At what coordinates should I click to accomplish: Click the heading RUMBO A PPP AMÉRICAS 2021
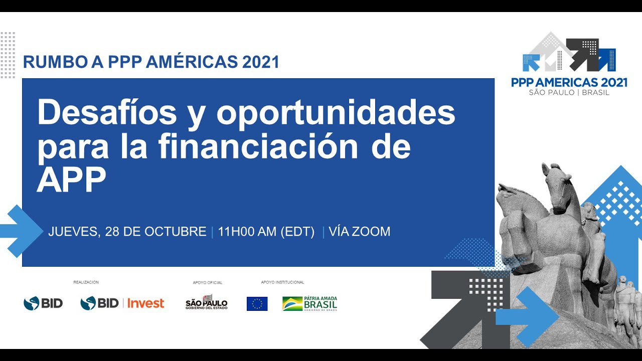pos(151,62)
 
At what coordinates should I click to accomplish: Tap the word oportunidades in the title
pos(336,113)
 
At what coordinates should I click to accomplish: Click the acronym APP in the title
pos(71,180)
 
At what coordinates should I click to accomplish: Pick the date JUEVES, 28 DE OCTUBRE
pos(127,232)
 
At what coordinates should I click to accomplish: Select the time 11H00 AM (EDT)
pos(266,232)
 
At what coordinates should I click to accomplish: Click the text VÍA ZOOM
pos(359,232)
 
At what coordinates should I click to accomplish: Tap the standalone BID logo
pos(43,303)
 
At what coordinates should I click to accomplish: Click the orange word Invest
pos(145,303)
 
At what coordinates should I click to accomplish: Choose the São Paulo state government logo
pos(207,302)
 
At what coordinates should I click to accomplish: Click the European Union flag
pos(257,304)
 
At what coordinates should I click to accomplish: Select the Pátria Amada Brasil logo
pos(309,303)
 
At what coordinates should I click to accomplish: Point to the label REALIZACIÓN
pos(86,282)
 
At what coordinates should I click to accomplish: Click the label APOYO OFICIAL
pos(207,283)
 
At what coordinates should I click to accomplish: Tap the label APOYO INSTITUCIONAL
pos(282,282)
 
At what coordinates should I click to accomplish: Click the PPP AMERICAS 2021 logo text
pos(569,83)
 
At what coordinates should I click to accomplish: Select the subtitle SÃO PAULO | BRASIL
pos(569,93)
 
